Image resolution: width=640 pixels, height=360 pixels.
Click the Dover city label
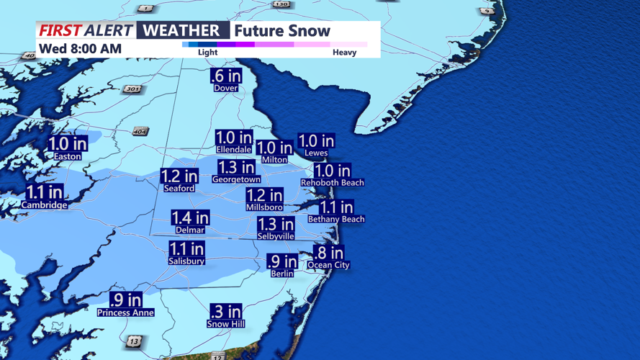pos(225,88)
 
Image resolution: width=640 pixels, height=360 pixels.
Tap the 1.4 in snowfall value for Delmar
pos(190,217)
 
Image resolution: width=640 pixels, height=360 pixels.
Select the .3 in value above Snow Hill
pos(226,312)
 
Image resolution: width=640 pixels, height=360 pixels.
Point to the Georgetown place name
pos(236,179)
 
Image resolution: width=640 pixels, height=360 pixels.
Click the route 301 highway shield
pos(132,89)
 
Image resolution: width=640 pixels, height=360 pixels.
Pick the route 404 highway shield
pos(140,132)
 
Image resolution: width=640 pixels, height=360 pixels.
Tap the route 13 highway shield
pos(134,341)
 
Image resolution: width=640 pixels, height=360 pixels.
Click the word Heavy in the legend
pos(344,52)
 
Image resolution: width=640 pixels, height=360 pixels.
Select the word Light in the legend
pos(207,52)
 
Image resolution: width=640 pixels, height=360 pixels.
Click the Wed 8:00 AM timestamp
pos(80,49)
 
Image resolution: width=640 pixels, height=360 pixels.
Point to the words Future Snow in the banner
pos(282,31)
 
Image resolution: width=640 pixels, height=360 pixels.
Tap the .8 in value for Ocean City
pos(328,253)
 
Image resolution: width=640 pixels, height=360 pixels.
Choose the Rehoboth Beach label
pos(332,183)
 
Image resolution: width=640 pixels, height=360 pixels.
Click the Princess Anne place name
pos(125,312)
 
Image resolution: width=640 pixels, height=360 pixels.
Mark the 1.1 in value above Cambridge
pos(45,192)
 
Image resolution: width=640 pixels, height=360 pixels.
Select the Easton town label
pos(68,156)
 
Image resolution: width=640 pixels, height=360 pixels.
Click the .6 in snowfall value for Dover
pos(226,76)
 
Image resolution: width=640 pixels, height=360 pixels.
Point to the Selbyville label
pos(276,236)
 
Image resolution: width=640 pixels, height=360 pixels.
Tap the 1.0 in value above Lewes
pos(316,141)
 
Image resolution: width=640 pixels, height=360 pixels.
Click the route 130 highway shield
pos(281,4)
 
